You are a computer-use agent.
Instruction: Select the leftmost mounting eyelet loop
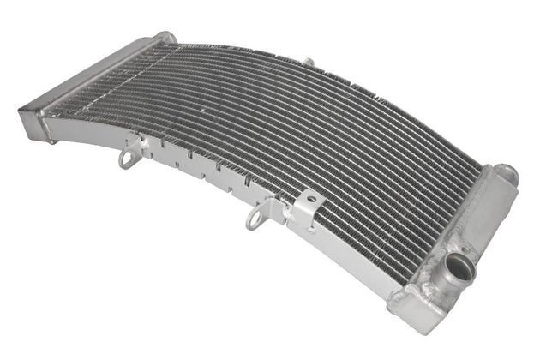(x=129, y=159)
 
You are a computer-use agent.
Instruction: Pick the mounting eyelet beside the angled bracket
(x=255, y=219)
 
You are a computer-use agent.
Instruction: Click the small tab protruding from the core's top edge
(x=308, y=62)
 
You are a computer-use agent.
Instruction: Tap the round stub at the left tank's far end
(x=165, y=38)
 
